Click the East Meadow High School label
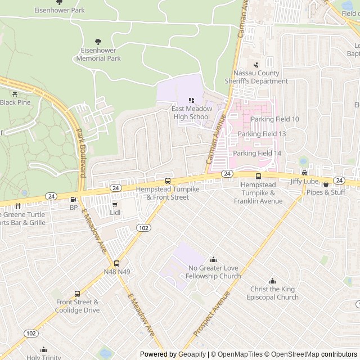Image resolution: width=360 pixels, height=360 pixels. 191,112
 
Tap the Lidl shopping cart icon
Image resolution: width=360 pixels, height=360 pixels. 115,205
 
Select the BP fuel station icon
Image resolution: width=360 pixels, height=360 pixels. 73,199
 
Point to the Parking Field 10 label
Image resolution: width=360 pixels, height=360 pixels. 275,119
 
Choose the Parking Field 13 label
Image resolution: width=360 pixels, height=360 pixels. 262,134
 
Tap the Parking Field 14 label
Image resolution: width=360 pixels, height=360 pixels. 257,153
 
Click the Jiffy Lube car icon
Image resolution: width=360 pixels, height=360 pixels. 304,173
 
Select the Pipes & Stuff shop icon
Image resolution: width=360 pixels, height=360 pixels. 326,184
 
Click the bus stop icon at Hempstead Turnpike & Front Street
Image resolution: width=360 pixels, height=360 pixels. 168,181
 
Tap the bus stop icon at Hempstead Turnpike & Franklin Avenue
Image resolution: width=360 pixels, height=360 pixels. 258,176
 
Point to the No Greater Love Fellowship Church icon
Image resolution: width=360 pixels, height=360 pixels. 213,259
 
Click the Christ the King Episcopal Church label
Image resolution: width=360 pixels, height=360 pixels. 274,293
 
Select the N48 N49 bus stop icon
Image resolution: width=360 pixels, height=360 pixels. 117,263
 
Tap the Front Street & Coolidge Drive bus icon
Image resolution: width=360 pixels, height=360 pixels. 77,294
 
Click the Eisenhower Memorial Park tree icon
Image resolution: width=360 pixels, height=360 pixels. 98,41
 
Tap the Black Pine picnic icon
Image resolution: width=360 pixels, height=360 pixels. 15,94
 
